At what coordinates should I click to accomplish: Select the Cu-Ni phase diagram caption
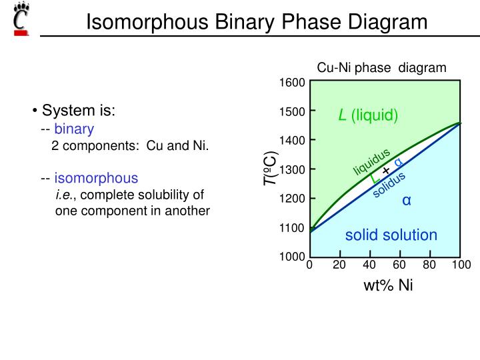381,67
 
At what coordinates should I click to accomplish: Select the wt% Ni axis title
388,286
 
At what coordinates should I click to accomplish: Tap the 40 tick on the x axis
369,265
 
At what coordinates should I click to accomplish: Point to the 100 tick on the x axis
461,265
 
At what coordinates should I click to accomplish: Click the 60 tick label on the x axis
399,265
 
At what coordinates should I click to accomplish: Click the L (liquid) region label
367,115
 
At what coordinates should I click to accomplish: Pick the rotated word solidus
389,185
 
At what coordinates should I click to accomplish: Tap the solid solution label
391,235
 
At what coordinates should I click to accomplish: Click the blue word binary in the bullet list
74,129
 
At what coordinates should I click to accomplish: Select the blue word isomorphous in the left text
96,178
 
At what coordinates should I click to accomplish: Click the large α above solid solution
405,200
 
